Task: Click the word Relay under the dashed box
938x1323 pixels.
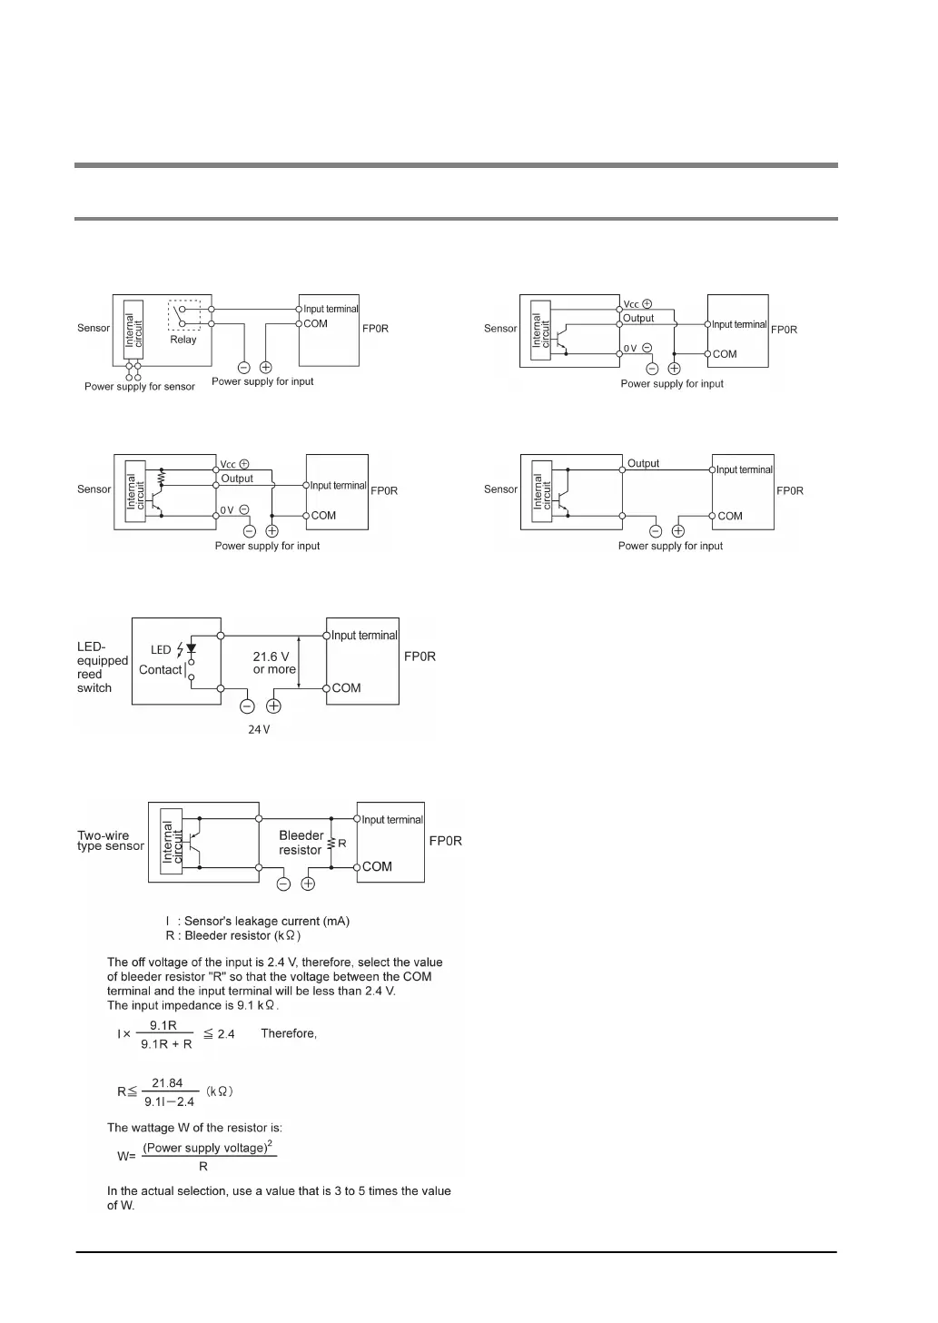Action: pos(183,340)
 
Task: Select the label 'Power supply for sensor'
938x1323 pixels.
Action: pos(140,387)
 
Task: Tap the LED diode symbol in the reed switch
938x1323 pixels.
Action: pos(191,648)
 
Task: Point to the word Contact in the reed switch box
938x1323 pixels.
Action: pos(160,670)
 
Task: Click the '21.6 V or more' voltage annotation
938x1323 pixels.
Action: pos(273,663)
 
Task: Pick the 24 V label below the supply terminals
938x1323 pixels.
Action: pos(259,729)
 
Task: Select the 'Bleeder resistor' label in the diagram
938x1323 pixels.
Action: pos(301,843)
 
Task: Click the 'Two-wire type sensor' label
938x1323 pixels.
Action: pos(110,841)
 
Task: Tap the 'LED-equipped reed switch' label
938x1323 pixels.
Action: pos(102,667)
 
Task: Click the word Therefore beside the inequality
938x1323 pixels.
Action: pos(289,1033)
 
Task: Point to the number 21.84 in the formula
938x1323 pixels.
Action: pos(167,1082)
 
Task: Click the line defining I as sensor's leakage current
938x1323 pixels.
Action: pos(257,921)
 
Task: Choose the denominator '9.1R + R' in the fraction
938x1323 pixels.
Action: pos(166,1044)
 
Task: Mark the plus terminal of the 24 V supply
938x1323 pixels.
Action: pos(273,706)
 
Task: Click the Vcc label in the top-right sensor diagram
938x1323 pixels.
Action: pos(631,304)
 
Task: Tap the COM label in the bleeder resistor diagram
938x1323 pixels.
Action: pos(377,866)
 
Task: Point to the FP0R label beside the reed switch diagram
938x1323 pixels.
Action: pos(420,656)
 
